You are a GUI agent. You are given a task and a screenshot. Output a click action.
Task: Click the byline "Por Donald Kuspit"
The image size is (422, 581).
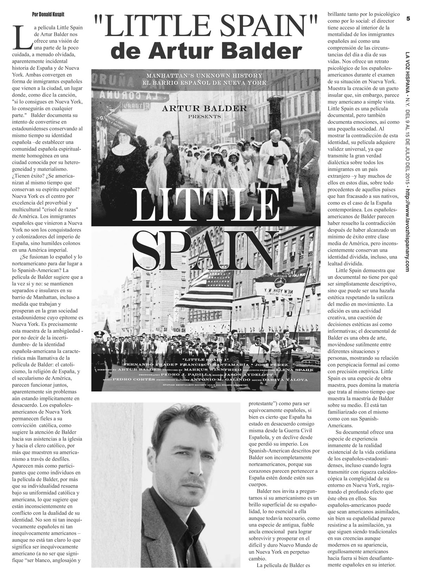pyautogui.click(x=46, y=14)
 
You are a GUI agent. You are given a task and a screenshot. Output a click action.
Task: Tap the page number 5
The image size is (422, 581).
pyautogui.click(x=408, y=18)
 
